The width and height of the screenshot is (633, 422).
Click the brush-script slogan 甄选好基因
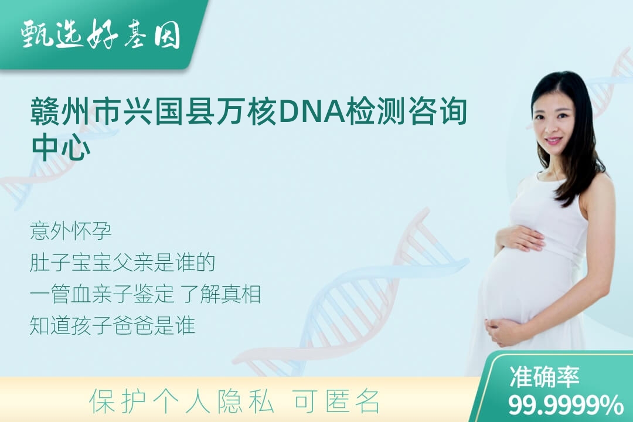point(101,35)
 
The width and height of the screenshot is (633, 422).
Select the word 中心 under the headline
point(61,147)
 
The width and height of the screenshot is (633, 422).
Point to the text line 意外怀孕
point(71,231)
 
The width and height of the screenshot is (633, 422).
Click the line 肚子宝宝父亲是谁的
point(122,263)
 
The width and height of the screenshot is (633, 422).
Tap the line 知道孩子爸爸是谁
point(113,325)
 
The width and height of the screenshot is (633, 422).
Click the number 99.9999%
point(566,404)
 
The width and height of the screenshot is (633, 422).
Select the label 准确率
point(544,376)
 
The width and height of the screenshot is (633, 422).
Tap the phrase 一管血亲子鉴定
point(102,294)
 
